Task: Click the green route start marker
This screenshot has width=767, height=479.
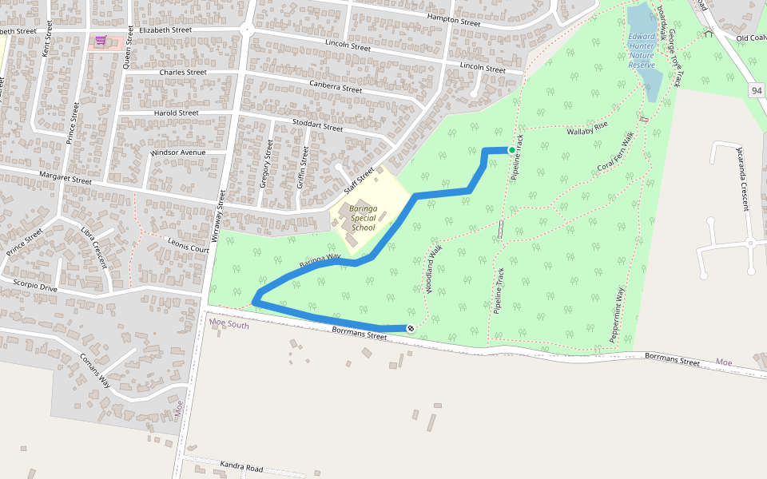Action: [512, 150]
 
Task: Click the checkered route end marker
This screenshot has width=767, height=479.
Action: [411, 328]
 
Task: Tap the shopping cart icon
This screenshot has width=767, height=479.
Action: [101, 41]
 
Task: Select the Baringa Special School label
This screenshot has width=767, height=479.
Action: [363, 218]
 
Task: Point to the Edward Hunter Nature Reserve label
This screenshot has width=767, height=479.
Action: [642, 50]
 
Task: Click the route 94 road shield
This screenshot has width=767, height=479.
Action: [756, 91]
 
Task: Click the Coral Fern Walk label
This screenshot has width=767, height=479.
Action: [615, 156]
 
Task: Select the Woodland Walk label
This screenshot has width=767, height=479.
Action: [434, 270]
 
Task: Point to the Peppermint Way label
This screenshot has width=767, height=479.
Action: [618, 315]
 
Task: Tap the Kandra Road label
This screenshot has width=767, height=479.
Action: [241, 467]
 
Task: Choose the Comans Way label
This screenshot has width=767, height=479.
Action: [95, 371]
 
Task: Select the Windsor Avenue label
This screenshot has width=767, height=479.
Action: [177, 152]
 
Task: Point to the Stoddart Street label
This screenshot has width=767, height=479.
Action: [317, 125]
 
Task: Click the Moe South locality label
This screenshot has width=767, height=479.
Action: [229, 325]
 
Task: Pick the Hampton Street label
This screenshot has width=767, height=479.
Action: [454, 20]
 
